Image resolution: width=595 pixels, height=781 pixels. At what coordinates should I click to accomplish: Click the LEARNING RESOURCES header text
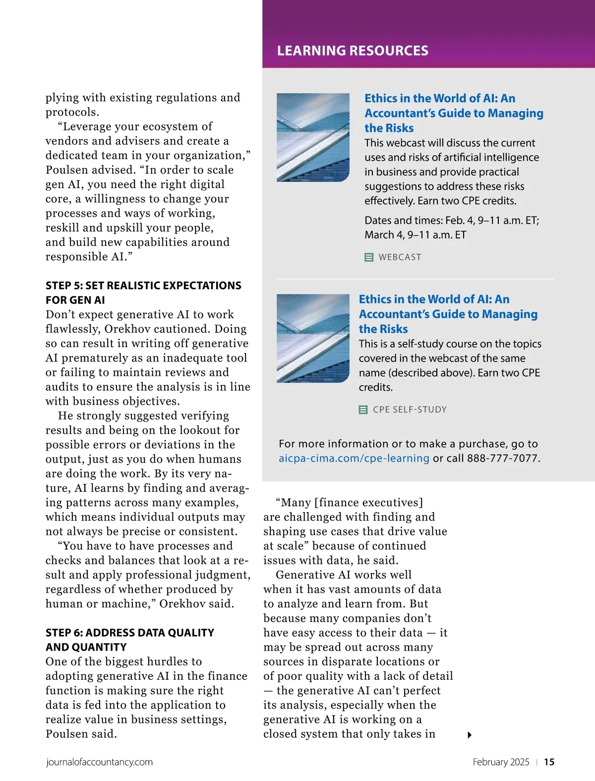point(353,51)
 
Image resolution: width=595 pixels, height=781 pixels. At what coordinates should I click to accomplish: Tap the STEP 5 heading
point(143,293)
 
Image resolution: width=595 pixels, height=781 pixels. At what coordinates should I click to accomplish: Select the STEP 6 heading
point(130,640)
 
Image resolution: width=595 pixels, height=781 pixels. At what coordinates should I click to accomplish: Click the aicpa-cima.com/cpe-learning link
point(354,458)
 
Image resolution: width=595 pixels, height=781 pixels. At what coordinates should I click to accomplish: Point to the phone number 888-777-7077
point(502,458)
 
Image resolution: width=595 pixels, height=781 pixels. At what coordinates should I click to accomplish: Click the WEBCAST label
point(400,257)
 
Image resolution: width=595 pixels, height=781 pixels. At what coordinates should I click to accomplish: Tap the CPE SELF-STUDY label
point(410,410)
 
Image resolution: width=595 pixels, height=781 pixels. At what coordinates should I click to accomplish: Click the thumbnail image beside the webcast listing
point(313,137)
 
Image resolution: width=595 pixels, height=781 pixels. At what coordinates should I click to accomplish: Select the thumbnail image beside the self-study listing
point(313,338)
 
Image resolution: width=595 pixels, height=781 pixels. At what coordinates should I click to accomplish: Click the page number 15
point(549,762)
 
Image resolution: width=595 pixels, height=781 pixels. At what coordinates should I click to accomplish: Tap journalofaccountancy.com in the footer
point(99,762)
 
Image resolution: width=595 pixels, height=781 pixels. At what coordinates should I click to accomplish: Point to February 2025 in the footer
point(501,762)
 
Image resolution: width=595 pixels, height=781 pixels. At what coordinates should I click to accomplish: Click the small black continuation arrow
point(470,735)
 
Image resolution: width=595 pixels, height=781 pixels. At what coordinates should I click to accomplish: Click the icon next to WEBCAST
point(369,257)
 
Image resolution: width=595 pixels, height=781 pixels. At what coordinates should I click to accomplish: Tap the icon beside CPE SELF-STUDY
point(363,410)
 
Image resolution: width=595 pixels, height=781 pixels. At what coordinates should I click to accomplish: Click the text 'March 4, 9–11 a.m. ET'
point(416,235)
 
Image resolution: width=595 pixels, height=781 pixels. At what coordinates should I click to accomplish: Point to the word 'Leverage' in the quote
point(88,127)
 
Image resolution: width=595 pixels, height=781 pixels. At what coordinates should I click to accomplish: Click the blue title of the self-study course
point(448,314)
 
